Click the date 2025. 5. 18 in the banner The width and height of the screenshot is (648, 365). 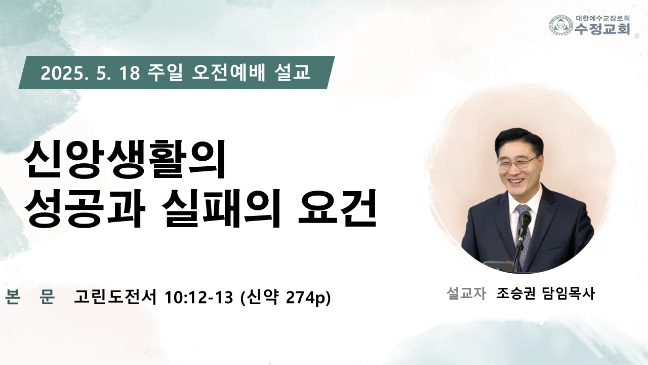90,73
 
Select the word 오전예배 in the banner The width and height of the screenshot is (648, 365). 228,72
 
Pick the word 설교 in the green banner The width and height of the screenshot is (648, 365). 292,72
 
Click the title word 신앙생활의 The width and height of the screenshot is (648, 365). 125,160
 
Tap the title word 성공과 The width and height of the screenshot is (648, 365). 85,208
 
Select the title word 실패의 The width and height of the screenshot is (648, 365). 220,208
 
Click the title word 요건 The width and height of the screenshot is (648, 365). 337,208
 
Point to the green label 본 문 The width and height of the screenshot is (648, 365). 30,297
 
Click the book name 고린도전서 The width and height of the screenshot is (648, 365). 115,297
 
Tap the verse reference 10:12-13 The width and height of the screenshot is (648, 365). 199,297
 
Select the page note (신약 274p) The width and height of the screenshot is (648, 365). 286,298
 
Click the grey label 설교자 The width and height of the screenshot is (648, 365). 466,294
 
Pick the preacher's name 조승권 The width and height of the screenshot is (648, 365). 516,294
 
